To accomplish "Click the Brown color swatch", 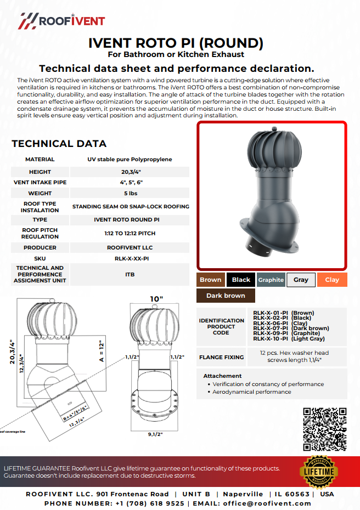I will [x=210, y=280].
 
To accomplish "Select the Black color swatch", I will [x=241, y=280].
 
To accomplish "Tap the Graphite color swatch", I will [x=271, y=280].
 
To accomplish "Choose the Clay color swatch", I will [x=332, y=280].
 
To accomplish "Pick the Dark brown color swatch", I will [x=226, y=296].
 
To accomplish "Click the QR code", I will [x=325, y=429].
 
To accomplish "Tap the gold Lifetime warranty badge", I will [x=318, y=472].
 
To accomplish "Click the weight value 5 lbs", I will [x=131, y=194].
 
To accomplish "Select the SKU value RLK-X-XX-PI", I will [x=131, y=258].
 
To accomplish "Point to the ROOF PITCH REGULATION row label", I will [x=40, y=233].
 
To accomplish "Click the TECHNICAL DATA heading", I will [x=59, y=144].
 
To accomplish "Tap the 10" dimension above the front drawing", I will [x=156, y=299].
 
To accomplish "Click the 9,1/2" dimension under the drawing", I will [x=155, y=434].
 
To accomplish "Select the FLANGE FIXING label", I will [x=221, y=357].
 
